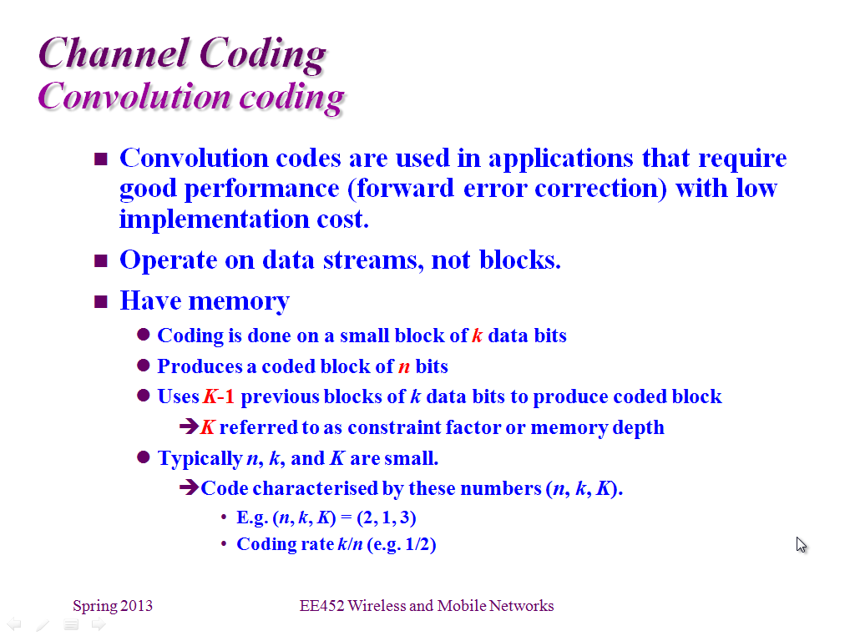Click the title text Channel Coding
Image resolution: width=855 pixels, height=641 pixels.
(182, 54)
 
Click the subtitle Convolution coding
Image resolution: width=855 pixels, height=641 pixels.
(191, 97)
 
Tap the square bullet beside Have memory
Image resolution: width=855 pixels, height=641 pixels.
(101, 301)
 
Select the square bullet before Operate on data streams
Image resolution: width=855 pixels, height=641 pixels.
(101, 260)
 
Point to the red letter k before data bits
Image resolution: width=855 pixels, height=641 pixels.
(477, 336)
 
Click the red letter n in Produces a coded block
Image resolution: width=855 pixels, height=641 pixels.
(404, 367)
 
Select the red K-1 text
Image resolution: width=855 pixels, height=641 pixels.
(219, 396)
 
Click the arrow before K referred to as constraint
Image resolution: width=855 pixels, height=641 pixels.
(189, 426)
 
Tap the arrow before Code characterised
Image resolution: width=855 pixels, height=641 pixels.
(189, 487)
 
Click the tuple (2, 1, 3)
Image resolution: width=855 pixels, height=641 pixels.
(387, 517)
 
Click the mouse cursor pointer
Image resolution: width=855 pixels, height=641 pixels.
(801, 545)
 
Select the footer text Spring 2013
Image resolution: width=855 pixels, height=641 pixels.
(113, 606)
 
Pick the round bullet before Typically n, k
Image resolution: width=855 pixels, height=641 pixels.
(144, 457)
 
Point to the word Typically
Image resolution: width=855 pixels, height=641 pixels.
(200, 459)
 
